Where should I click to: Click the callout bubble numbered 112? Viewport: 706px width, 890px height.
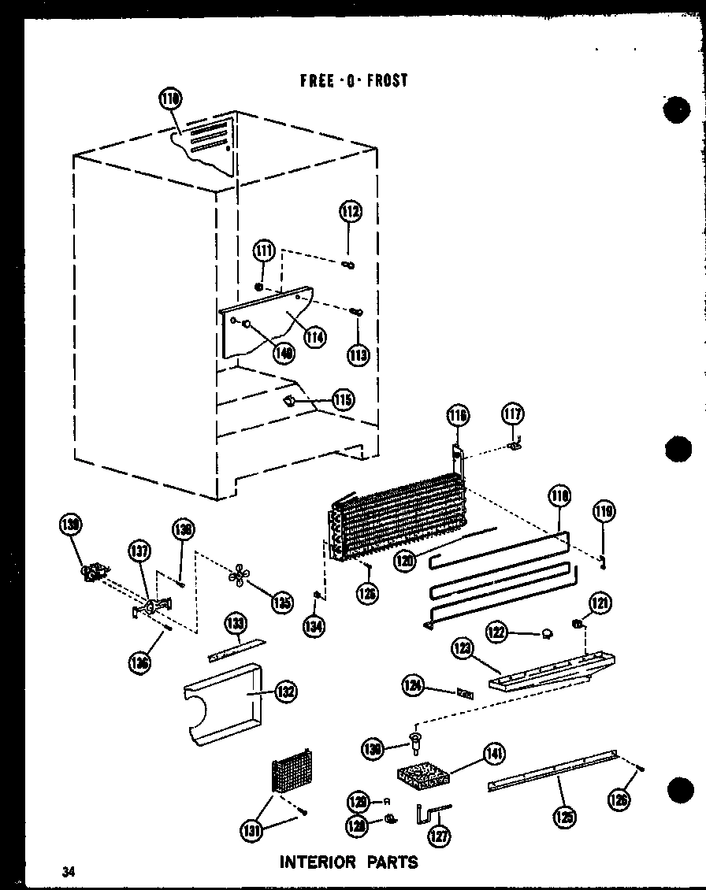point(351,211)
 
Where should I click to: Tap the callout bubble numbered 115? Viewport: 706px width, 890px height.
point(343,399)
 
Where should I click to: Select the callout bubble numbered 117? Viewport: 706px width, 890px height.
point(512,413)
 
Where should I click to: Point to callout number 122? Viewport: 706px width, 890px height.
point(496,631)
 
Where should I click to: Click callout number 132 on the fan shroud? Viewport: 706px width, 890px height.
point(284,692)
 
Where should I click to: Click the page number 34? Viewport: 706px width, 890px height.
point(70,871)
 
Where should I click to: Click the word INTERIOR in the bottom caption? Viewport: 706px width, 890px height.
point(317,862)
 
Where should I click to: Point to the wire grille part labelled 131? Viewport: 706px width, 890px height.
point(292,772)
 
